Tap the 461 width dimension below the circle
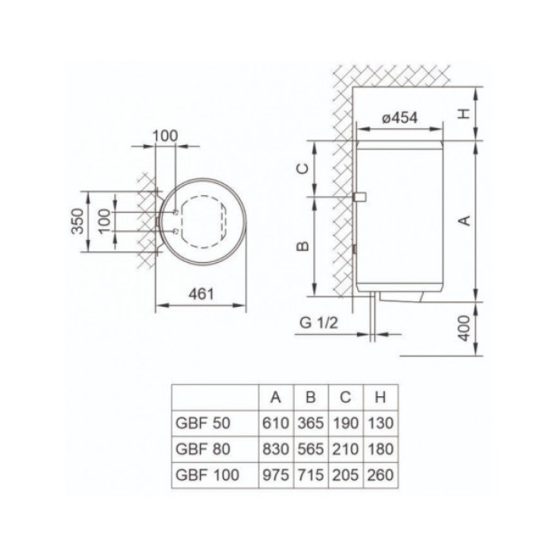point(202,295)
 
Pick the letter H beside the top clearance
point(465,112)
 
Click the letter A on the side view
point(465,220)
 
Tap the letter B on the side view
point(303,246)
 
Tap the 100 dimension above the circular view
point(164,136)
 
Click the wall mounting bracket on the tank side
point(359,195)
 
